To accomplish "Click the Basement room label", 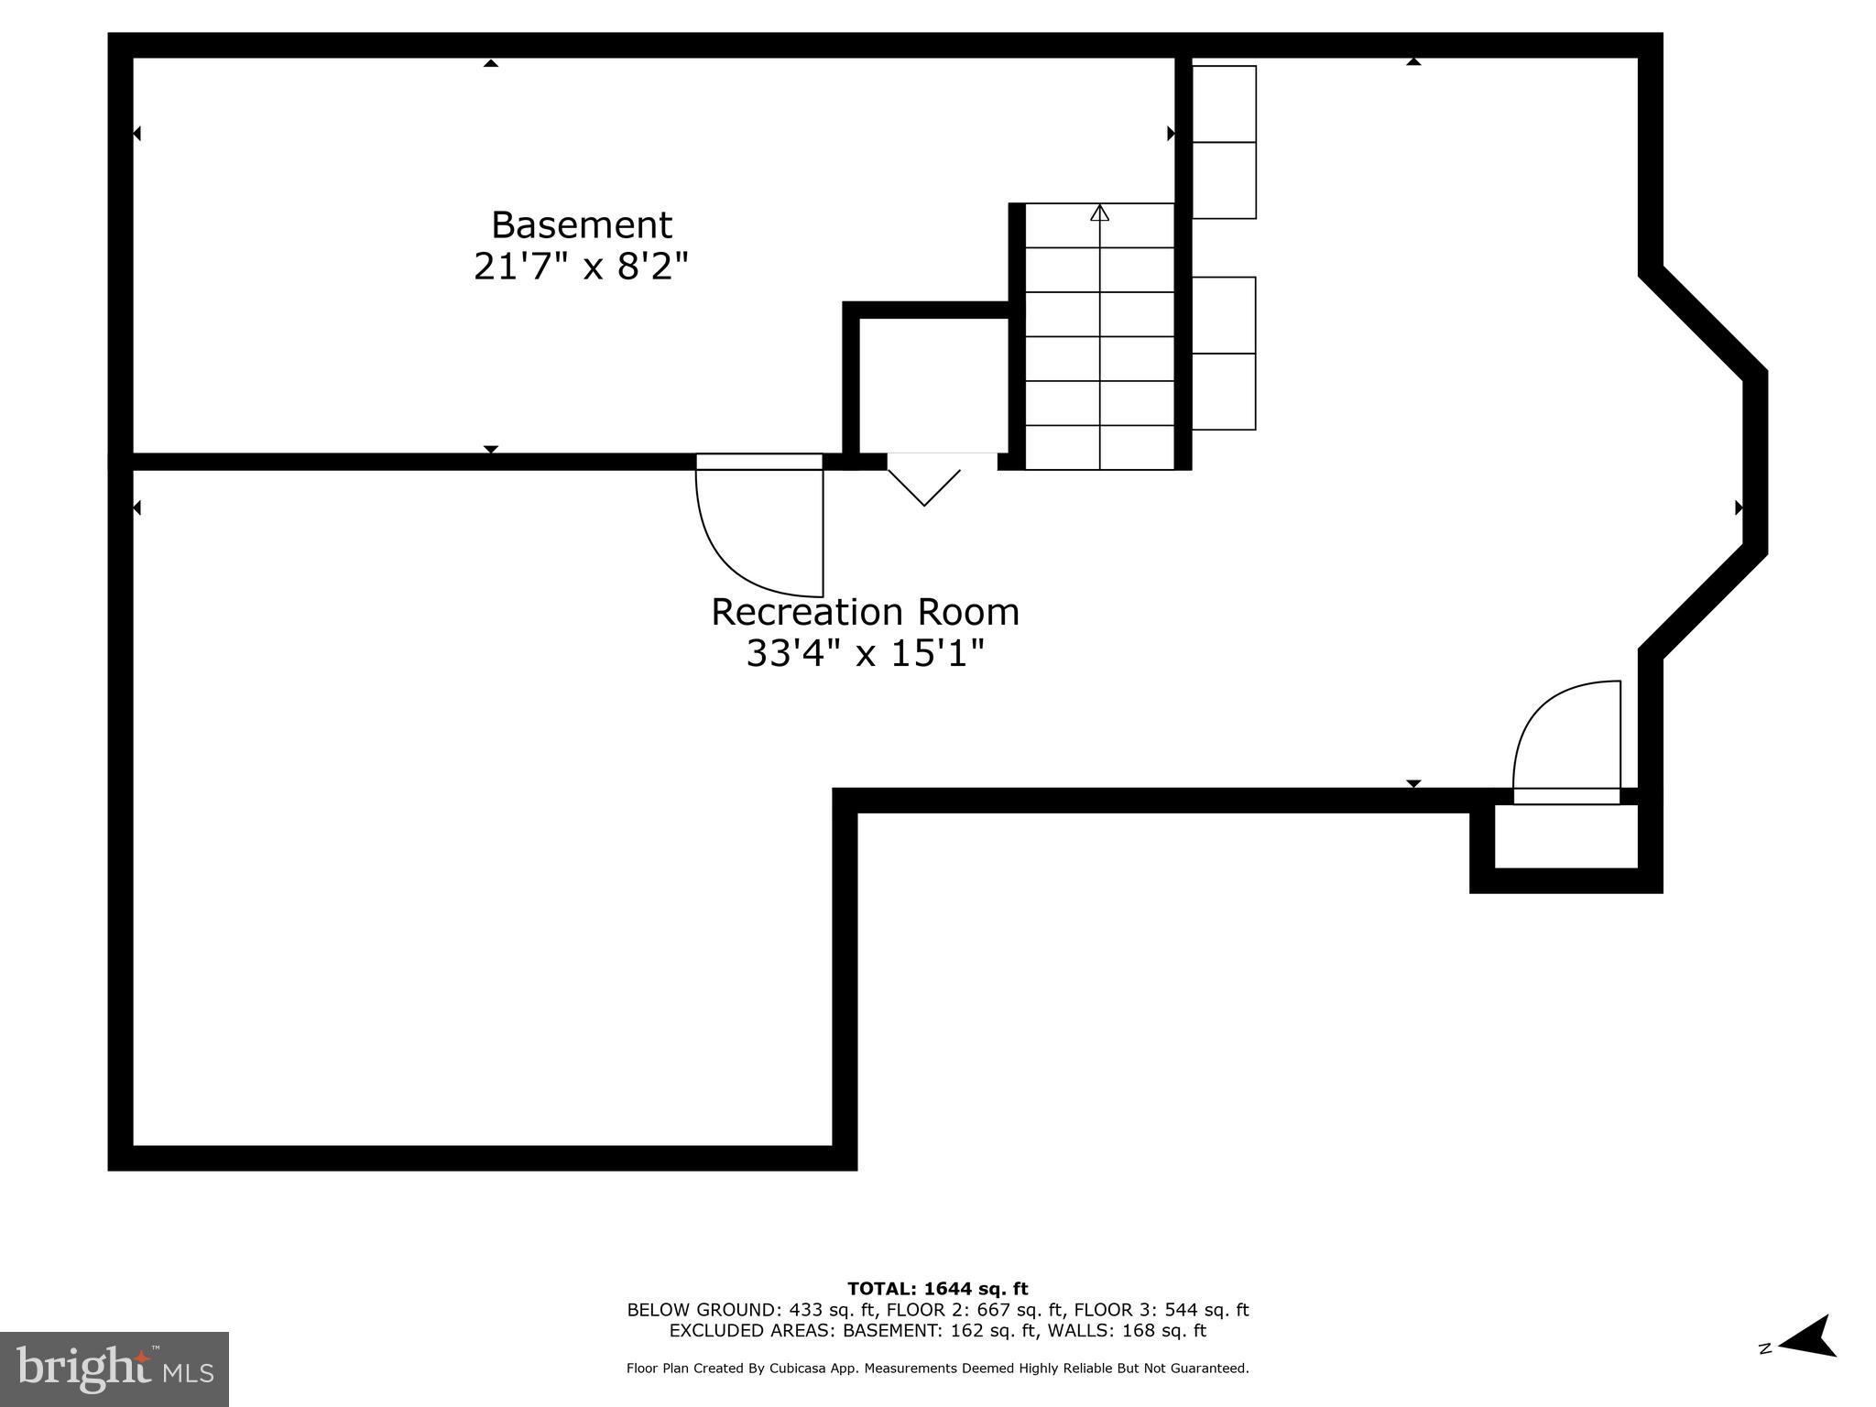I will pos(582,225).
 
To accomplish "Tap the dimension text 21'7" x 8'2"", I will pos(581,267).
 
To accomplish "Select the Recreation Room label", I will pos(865,612).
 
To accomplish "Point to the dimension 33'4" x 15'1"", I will pos(865,654).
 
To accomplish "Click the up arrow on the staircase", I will pos(1100,213).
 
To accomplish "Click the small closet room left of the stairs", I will pos(933,385).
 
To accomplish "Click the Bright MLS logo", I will pos(115,1369).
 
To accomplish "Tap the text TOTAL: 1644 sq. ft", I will pos(937,1289).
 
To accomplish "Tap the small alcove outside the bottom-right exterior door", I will pos(1565,836).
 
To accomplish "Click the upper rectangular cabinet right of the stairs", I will pos(1224,142).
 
